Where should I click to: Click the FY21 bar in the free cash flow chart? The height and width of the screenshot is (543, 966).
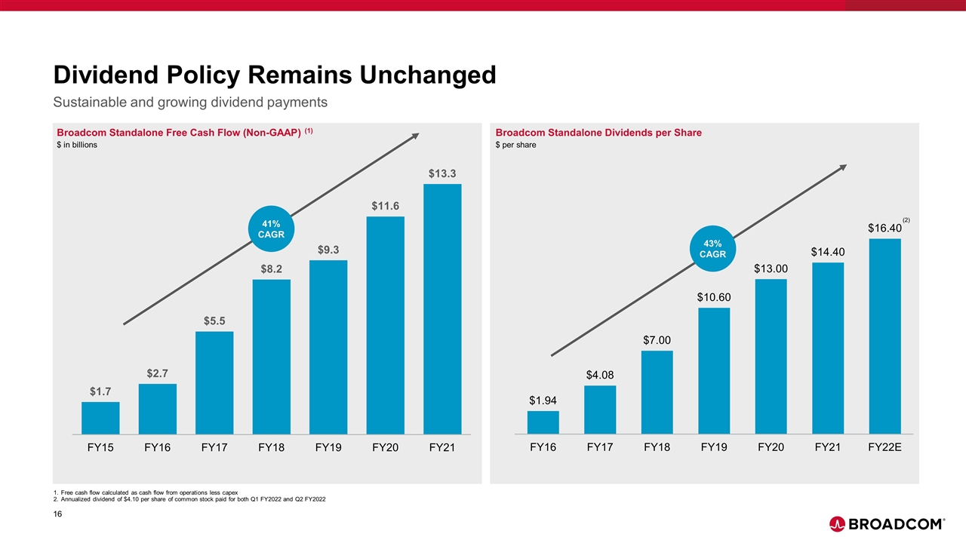(442, 309)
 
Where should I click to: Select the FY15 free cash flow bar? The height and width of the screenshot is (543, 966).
(100, 418)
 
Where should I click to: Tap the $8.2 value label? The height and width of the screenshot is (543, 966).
(272, 268)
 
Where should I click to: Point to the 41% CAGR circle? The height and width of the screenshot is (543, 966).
(272, 229)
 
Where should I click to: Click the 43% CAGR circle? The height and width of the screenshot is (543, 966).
(712, 248)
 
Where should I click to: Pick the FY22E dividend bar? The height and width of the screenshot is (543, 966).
(884, 336)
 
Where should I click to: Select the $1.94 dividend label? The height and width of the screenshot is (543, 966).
(543, 400)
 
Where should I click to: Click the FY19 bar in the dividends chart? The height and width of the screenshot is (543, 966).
(714, 371)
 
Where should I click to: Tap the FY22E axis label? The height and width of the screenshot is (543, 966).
(884, 447)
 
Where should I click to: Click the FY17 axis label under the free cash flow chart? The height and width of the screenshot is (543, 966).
(214, 447)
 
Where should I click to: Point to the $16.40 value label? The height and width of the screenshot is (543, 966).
(884, 228)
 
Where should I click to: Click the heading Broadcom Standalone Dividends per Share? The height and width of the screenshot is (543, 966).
(598, 133)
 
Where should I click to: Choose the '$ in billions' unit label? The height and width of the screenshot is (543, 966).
(77, 145)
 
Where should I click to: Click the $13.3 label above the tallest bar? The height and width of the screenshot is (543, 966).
(442, 173)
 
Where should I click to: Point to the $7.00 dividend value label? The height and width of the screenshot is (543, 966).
(657, 340)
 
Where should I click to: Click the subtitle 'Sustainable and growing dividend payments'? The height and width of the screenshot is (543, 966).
(189, 101)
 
